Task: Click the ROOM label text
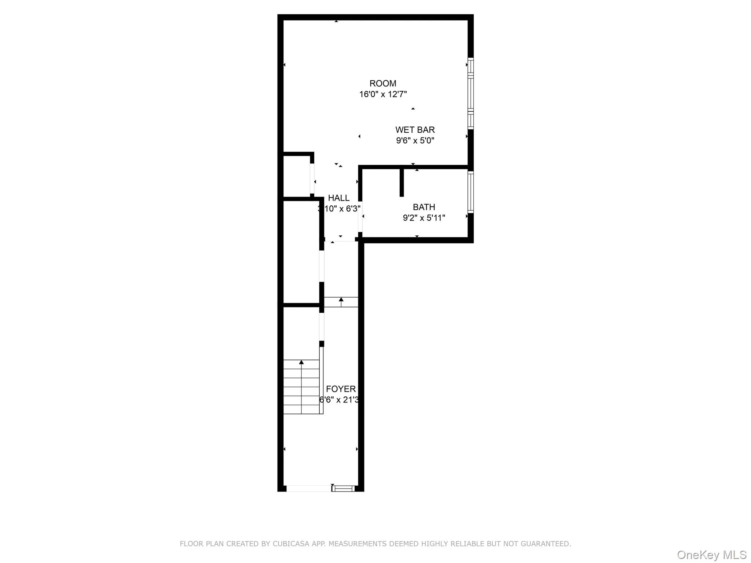point(382,84)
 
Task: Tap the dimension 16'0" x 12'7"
point(382,95)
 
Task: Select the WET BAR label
point(415,130)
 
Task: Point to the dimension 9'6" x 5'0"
point(415,140)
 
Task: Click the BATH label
point(424,207)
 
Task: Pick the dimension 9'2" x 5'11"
point(424,218)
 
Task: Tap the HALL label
point(338,198)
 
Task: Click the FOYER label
point(341,389)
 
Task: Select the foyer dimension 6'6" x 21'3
point(339,400)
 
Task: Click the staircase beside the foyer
point(301,387)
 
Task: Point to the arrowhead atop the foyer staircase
point(301,363)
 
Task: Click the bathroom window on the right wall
point(470,192)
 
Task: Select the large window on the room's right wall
point(470,93)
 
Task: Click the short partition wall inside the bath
point(402,183)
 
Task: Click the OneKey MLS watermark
point(711,555)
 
